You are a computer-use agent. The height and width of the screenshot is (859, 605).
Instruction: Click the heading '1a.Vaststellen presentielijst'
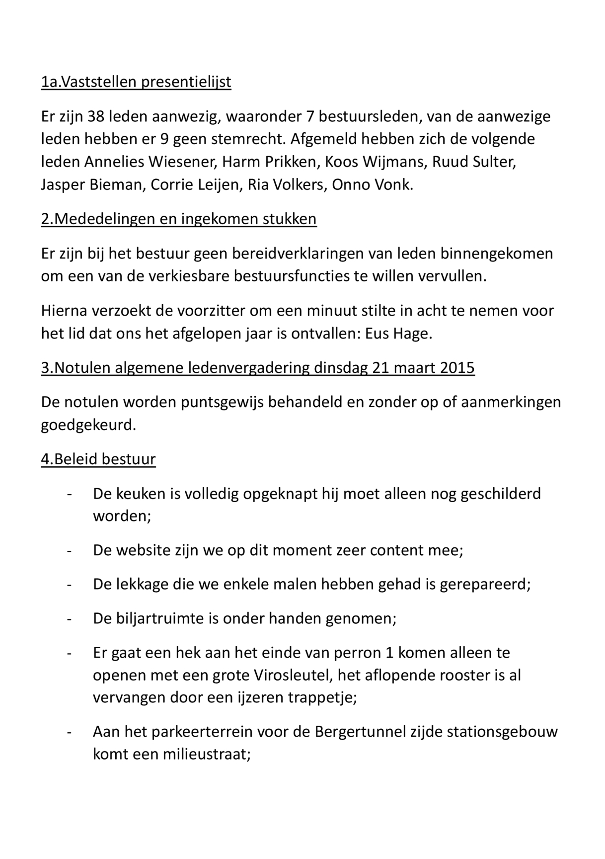[136, 82]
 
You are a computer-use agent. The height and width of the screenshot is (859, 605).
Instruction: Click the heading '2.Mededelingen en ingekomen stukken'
[179, 219]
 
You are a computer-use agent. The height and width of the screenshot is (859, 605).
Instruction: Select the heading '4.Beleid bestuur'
[98, 459]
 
